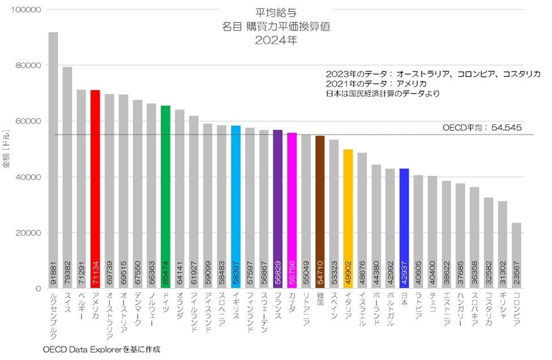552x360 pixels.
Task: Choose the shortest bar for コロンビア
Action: pos(516,255)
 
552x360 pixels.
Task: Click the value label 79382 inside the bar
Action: pos(67,273)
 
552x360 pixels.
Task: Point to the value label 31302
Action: pos(503,273)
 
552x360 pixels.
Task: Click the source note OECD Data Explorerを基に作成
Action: pos(101,349)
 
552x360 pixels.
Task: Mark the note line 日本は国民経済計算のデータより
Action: pos(382,93)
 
